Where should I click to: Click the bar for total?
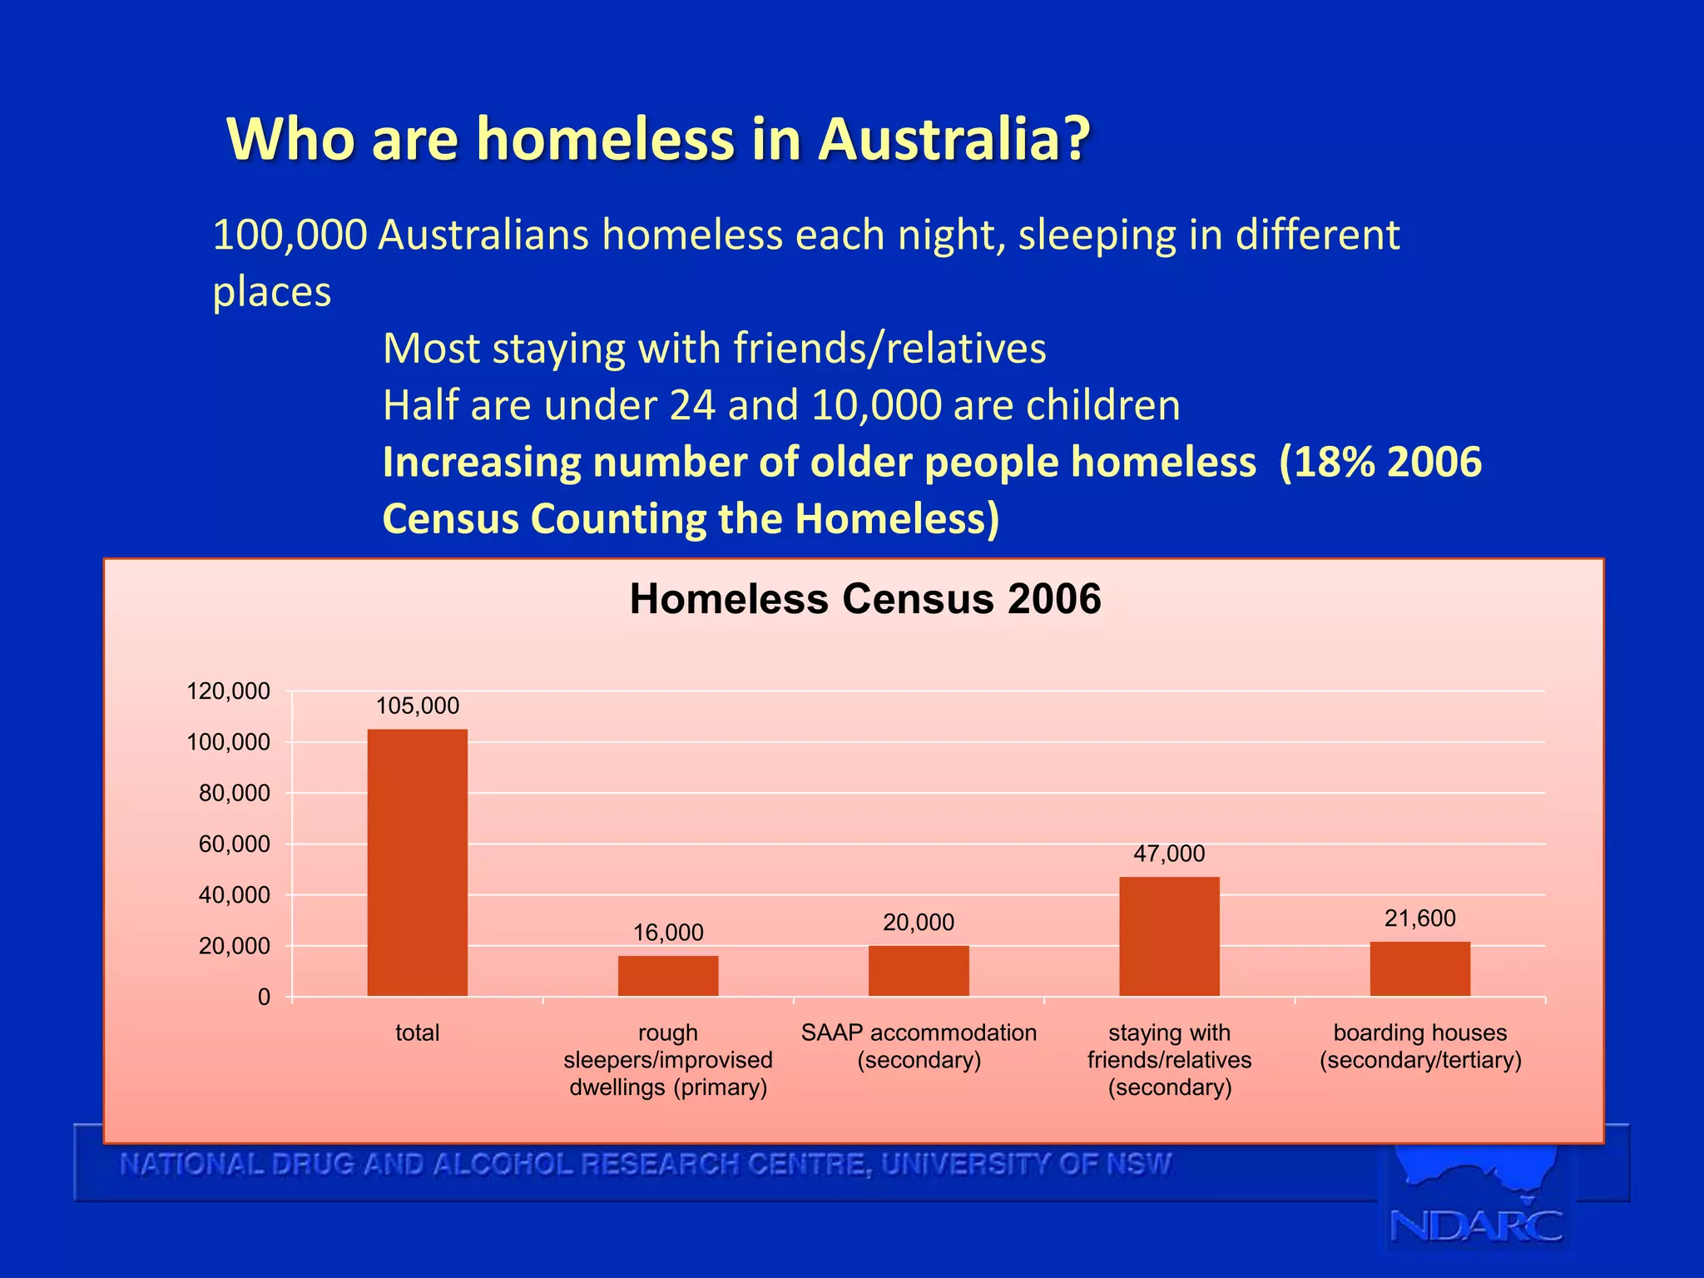click(417, 862)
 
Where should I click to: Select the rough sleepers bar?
click(668, 975)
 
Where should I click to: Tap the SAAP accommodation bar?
click(919, 970)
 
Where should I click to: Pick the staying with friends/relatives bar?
click(1169, 936)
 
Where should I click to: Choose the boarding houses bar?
click(1419, 968)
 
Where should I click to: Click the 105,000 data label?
click(417, 706)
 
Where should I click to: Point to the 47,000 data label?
click(1169, 853)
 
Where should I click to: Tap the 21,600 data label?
click(1419, 918)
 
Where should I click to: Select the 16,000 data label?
click(668, 932)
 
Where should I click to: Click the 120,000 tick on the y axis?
click(229, 691)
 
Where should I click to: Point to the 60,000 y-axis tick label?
click(235, 844)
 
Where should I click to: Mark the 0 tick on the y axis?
click(264, 997)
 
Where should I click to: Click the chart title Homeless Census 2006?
click(865, 598)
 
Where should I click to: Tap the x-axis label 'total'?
click(417, 1033)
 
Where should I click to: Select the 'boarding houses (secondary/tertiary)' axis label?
click(1419, 1046)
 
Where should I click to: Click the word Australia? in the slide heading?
click(954, 138)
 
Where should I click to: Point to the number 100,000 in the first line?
click(290, 235)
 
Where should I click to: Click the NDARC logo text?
click(1476, 1226)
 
